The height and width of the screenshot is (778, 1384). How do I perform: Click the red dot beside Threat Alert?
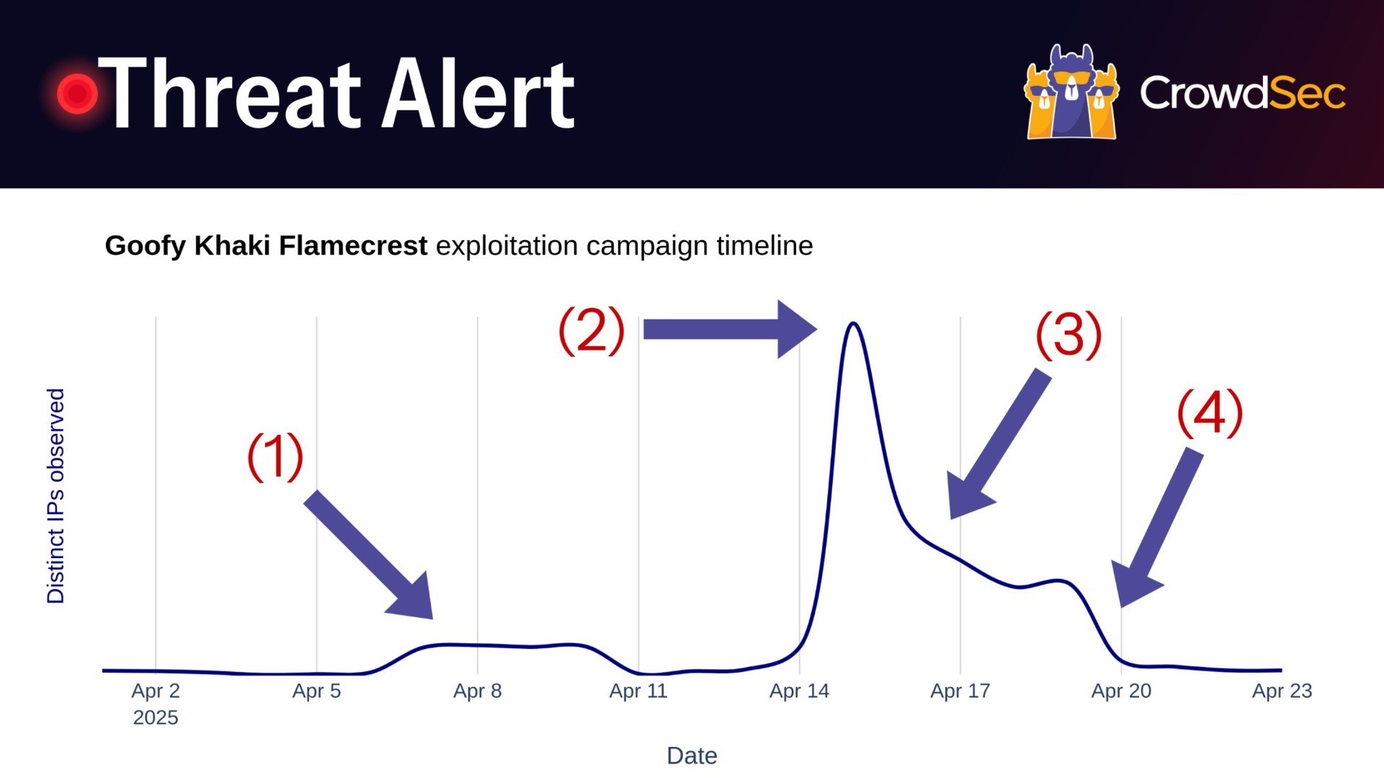click(x=77, y=93)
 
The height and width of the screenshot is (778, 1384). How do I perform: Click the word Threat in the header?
click(x=229, y=94)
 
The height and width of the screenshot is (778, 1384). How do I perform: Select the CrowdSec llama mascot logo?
click(x=1071, y=92)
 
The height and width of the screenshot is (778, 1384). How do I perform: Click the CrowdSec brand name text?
click(x=1243, y=94)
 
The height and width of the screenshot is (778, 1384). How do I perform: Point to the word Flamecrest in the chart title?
click(x=353, y=246)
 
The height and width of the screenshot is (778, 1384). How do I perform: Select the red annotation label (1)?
click(x=275, y=456)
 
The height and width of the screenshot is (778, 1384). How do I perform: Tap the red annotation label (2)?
click(x=591, y=330)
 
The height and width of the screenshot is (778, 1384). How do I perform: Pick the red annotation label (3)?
click(x=1068, y=335)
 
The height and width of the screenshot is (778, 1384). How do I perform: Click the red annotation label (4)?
click(x=1210, y=413)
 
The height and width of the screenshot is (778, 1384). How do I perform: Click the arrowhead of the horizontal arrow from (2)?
click(x=816, y=330)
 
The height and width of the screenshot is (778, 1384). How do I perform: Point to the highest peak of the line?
click(x=854, y=323)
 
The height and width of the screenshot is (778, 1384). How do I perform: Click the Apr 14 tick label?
click(x=799, y=691)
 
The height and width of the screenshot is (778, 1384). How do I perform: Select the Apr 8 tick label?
click(x=477, y=691)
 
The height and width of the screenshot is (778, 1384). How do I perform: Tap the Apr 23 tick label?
click(x=1282, y=691)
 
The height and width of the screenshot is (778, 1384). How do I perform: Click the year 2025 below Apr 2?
click(x=156, y=718)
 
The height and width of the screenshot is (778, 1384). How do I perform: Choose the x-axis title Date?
click(x=692, y=756)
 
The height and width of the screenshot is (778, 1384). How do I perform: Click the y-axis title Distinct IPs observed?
click(x=55, y=496)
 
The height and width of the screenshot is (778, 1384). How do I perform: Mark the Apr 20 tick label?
click(x=1121, y=691)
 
